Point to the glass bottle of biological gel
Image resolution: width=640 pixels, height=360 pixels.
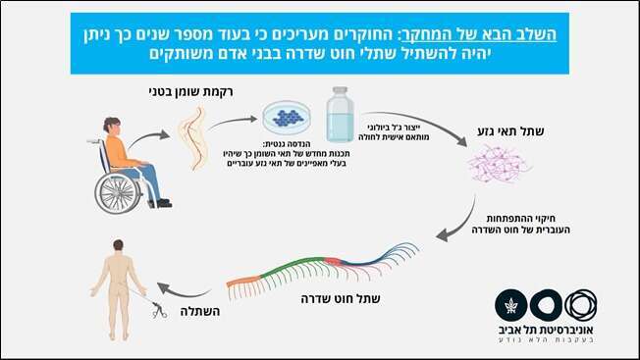pos(341,116)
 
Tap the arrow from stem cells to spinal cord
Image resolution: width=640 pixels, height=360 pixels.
pos(457,228)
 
